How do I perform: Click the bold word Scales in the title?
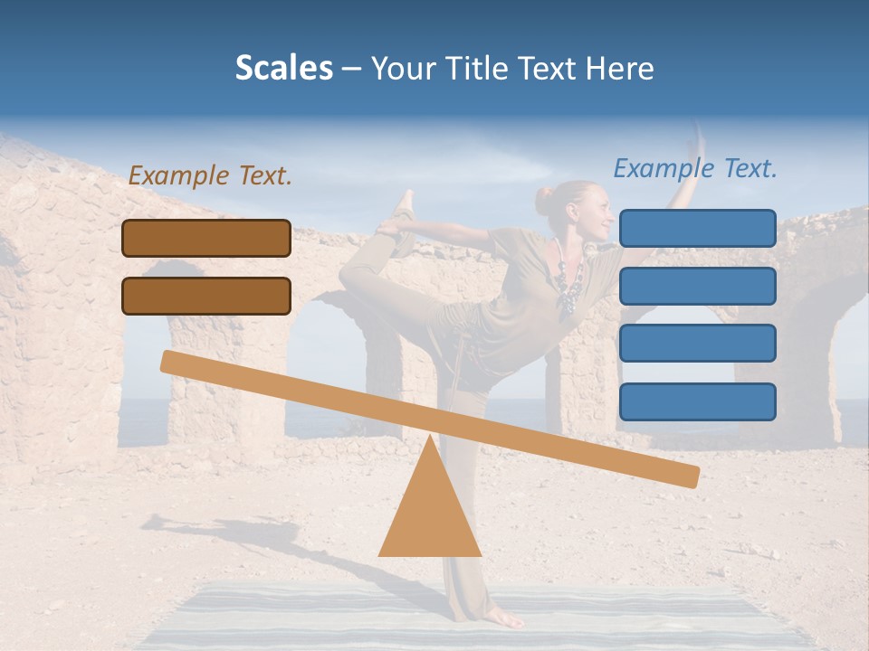[283, 68]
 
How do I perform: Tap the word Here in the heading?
[620, 69]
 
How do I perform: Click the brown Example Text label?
[210, 176]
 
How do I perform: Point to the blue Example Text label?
[695, 168]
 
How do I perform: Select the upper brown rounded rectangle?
[206, 238]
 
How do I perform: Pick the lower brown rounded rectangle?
[206, 296]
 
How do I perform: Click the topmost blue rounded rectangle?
[697, 228]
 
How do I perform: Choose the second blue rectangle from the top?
[697, 286]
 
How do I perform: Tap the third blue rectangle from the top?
[697, 344]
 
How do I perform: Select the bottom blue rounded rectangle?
[697, 401]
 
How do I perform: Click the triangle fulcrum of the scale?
[429, 506]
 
